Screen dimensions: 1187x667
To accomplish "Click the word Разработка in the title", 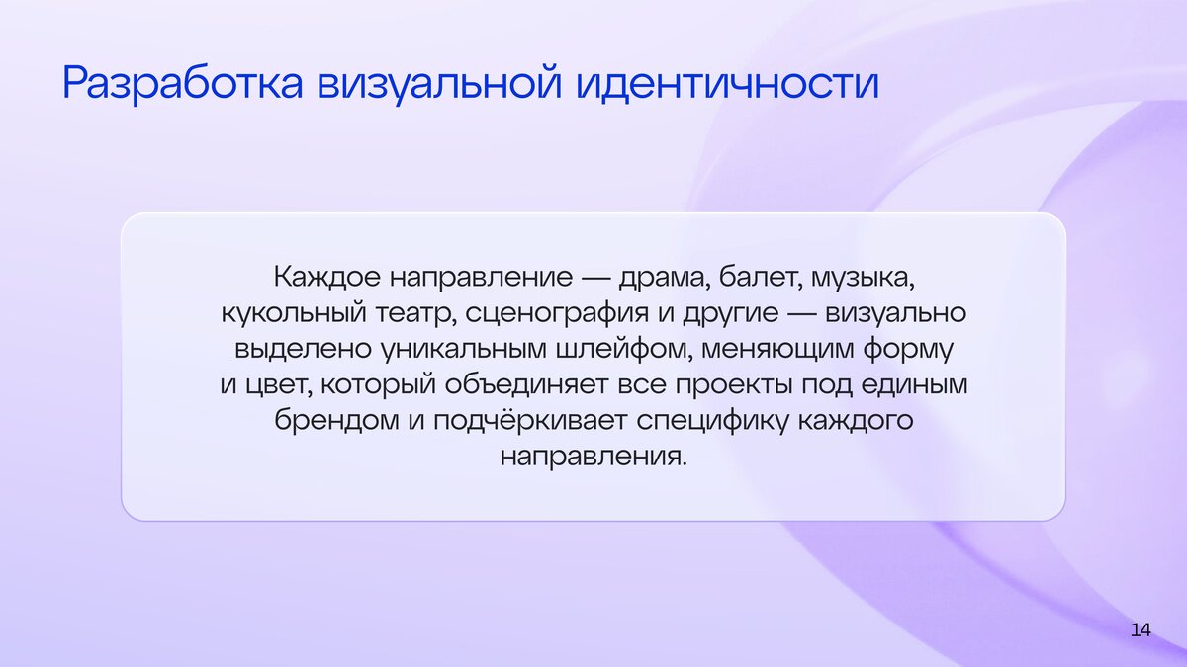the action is pyautogui.click(x=183, y=84).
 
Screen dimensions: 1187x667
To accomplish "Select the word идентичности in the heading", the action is pyautogui.click(x=728, y=83).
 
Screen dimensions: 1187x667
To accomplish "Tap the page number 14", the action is pyautogui.click(x=1141, y=630).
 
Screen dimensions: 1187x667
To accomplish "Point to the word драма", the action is pyautogui.click(x=665, y=277).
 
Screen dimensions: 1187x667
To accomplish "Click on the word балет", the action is pyautogui.click(x=759, y=277).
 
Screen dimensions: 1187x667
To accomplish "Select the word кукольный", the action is pyautogui.click(x=294, y=312).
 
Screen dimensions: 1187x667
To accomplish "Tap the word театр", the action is pyautogui.click(x=416, y=313).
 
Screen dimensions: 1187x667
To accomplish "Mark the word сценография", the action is pyautogui.click(x=557, y=313).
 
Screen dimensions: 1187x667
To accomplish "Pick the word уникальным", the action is pyautogui.click(x=464, y=350).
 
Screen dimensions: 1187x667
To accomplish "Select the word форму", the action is pyautogui.click(x=908, y=350).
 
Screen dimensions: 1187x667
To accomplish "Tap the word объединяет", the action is pyautogui.click(x=526, y=384).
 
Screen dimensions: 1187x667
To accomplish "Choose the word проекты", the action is pyautogui.click(x=733, y=385).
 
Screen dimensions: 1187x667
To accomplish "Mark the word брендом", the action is pyautogui.click(x=336, y=420).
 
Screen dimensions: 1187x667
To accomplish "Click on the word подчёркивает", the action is pyautogui.click(x=530, y=420).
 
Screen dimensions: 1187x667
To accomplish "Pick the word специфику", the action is pyautogui.click(x=712, y=421).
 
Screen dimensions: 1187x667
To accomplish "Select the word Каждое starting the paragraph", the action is pyautogui.click(x=327, y=277).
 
